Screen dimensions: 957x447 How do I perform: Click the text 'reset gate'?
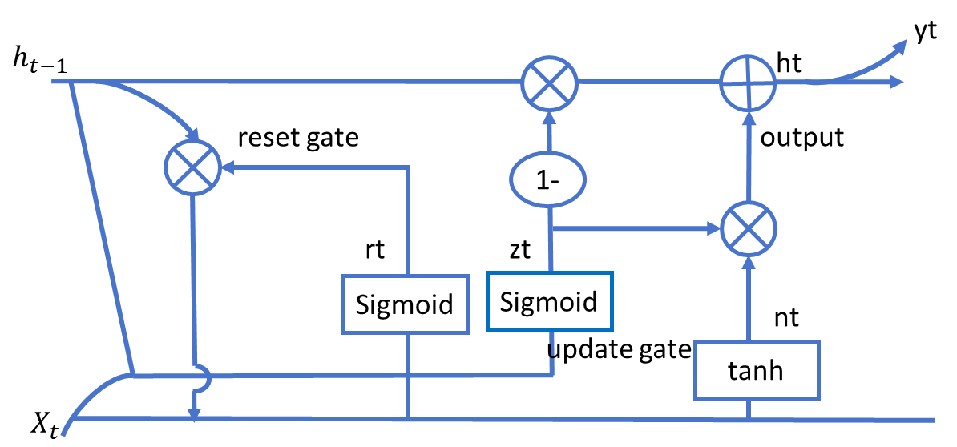(298, 139)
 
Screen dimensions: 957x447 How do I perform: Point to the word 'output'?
(803, 138)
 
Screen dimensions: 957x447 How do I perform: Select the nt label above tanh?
(787, 318)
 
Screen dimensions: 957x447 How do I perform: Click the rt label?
(375, 250)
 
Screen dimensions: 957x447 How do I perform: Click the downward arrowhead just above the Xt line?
(194, 414)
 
